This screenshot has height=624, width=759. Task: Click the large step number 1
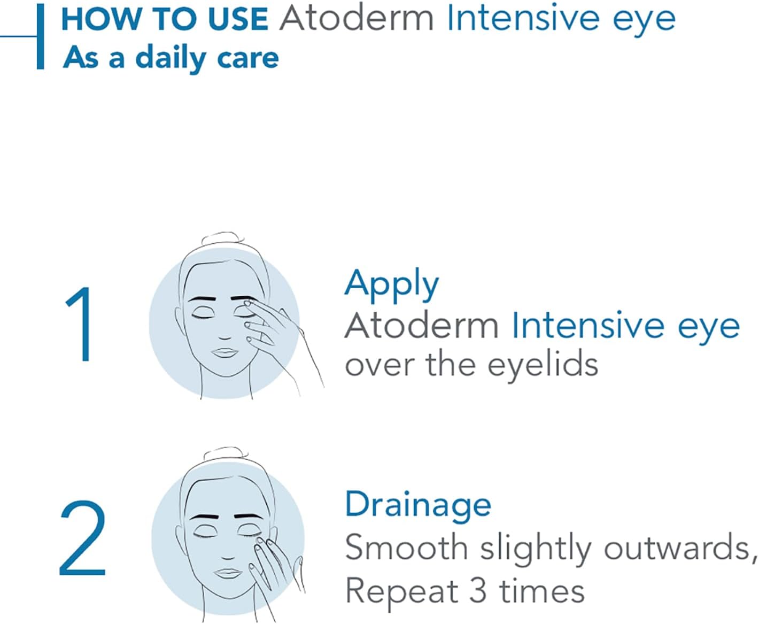point(80,325)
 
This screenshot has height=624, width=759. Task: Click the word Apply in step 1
point(391,285)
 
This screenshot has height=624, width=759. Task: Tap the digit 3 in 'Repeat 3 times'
point(478,591)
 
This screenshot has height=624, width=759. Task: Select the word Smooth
point(406,548)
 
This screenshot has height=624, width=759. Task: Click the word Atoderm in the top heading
point(357,19)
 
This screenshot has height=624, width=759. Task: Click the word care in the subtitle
point(249,58)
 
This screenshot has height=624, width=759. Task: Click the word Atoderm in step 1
point(421,325)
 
